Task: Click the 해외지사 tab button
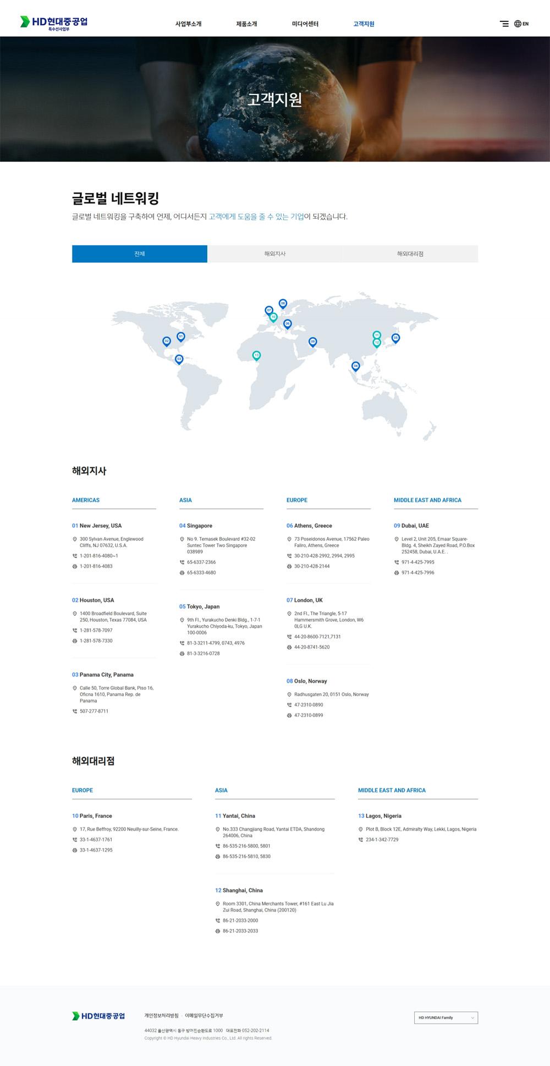pyautogui.click(x=274, y=254)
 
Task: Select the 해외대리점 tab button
pyautogui.click(x=410, y=254)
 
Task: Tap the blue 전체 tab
pyautogui.click(x=139, y=254)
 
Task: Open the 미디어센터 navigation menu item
pyautogui.click(x=305, y=24)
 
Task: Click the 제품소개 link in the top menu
pyautogui.click(x=246, y=24)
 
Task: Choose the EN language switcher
pyautogui.click(x=521, y=24)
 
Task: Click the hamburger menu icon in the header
pyautogui.click(x=504, y=24)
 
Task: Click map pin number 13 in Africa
pyautogui.click(x=256, y=355)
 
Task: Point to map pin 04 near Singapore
pyautogui.click(x=355, y=366)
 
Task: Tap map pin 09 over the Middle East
pyautogui.click(x=312, y=341)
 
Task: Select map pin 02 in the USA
pyautogui.click(x=167, y=341)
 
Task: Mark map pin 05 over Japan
pyautogui.click(x=395, y=338)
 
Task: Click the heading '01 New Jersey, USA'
pyautogui.click(x=97, y=526)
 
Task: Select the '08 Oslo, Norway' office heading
pyautogui.click(x=306, y=681)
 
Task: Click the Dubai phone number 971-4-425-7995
pyautogui.click(x=417, y=562)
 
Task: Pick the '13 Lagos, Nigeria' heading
pyautogui.click(x=380, y=816)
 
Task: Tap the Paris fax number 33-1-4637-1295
pyautogui.click(x=96, y=850)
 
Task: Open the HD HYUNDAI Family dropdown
pyautogui.click(x=446, y=1018)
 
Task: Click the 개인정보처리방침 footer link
pyautogui.click(x=161, y=1015)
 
